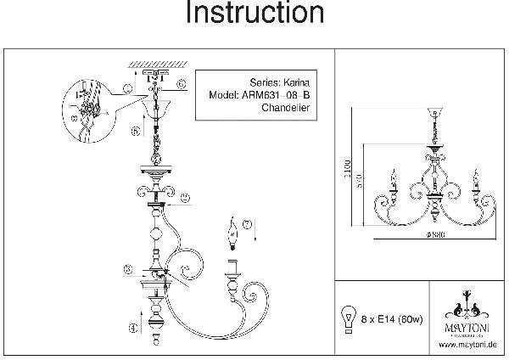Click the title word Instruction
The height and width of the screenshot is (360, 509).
255,14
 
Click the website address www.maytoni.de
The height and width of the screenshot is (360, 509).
467,345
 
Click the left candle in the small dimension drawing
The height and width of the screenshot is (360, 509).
393,181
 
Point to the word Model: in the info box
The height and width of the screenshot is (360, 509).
222,96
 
